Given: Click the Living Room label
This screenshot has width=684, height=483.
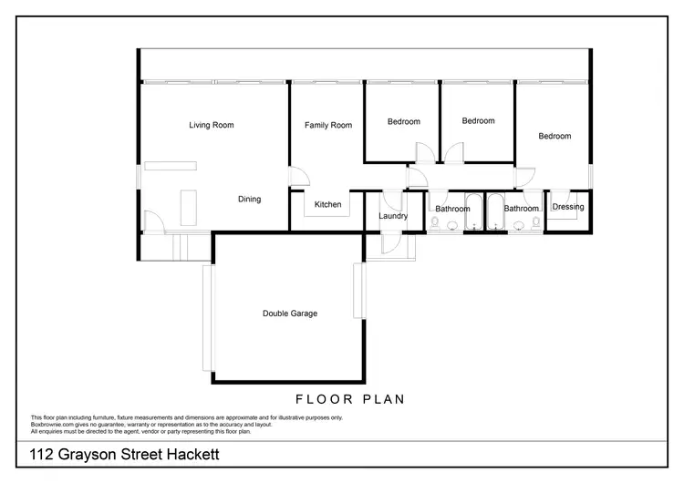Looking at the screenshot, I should tap(212, 125).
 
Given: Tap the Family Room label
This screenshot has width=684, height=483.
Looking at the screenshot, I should tap(328, 125).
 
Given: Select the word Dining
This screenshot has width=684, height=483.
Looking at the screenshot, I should tap(249, 200).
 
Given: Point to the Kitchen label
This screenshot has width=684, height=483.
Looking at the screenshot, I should tap(327, 205).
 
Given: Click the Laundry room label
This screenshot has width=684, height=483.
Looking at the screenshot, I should tap(392, 216).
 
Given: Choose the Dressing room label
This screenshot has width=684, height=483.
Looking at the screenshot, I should tap(568, 207).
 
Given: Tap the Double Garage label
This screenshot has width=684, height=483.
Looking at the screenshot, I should tap(290, 313).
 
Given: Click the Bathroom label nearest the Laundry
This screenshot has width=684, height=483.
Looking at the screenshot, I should tap(452, 209).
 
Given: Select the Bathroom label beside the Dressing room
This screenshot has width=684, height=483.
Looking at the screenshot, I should tap(523, 209).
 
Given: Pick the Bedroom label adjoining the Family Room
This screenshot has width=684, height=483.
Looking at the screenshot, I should tap(403, 122).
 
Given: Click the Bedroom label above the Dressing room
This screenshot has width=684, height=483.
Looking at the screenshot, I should tap(554, 137).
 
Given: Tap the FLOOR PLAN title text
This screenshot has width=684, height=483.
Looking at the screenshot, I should tap(350, 399).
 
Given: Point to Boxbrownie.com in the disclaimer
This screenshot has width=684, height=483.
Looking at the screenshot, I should tap(50, 424).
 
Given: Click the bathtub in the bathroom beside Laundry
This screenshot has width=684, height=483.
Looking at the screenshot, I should tap(474, 211).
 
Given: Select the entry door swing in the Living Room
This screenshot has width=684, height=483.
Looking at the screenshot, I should tap(153, 221).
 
